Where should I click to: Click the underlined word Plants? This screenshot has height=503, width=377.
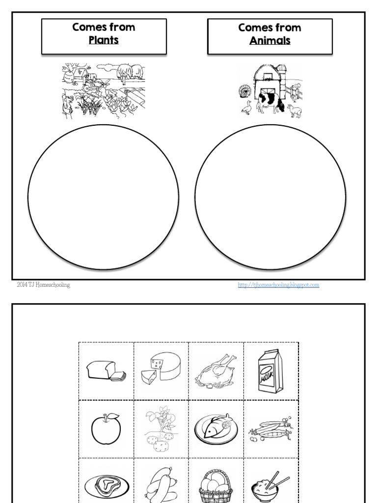tap(104, 40)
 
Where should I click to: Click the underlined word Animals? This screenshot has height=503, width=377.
tap(269, 40)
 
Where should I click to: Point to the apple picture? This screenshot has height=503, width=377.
tap(106, 428)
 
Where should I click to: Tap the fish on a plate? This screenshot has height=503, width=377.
tap(216, 428)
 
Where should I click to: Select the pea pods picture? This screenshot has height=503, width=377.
tap(270, 429)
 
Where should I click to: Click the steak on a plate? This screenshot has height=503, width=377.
tap(106, 484)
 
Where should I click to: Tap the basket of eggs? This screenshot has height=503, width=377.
tap(216, 484)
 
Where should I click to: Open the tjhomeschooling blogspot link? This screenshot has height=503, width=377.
tap(278, 284)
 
